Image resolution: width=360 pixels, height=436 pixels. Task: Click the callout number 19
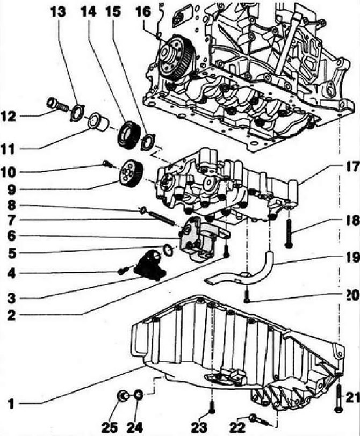click(x=351, y=259)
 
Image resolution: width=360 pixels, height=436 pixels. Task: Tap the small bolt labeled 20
click(x=247, y=295)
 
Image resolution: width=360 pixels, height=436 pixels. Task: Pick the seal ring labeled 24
click(x=138, y=396)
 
